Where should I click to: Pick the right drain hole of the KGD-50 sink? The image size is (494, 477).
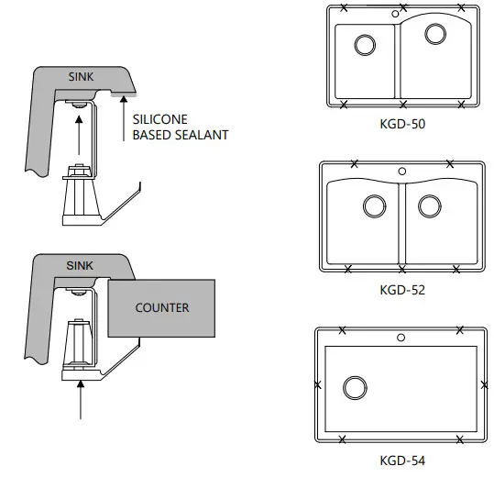click(x=436, y=35)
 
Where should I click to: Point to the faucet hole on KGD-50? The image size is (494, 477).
click(x=395, y=14)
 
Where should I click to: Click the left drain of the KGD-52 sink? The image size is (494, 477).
click(x=374, y=206)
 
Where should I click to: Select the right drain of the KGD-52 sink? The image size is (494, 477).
click(x=429, y=205)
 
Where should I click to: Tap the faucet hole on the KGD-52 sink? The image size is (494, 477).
click(x=401, y=172)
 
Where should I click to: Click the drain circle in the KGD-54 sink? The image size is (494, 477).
click(x=354, y=388)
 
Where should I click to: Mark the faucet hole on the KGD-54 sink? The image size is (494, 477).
click(x=401, y=338)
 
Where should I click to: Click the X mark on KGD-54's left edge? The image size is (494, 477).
click(x=318, y=384)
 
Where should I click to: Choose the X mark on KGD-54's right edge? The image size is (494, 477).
click(x=484, y=384)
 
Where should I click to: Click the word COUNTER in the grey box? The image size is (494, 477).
click(x=162, y=307)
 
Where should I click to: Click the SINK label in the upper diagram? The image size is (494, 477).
click(x=81, y=76)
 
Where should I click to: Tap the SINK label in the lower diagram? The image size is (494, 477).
click(x=81, y=265)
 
